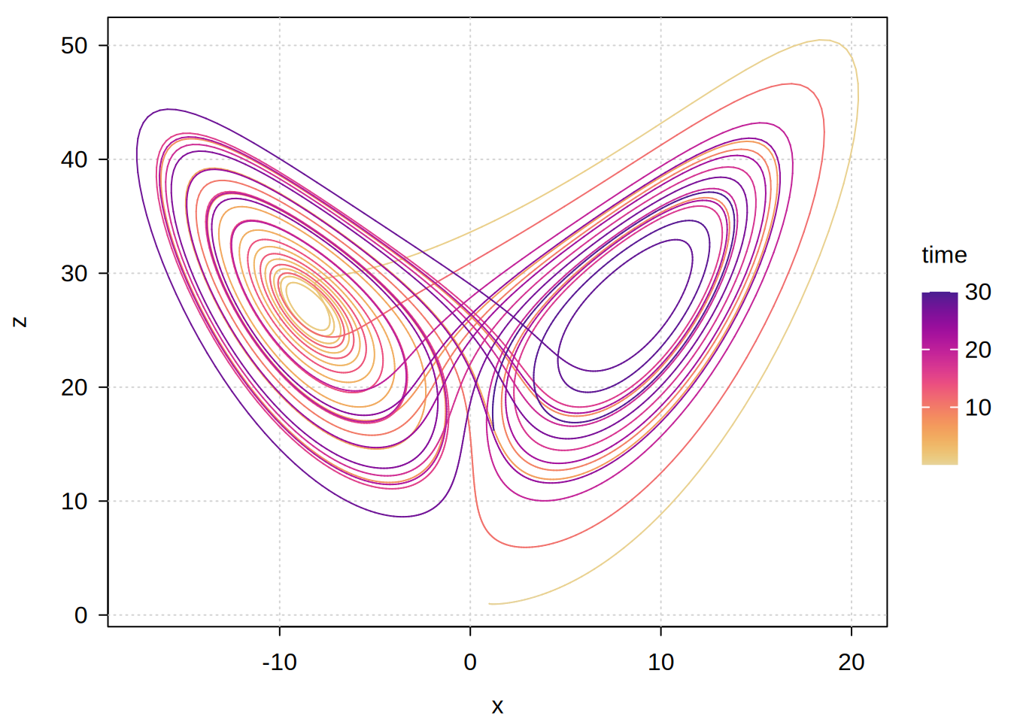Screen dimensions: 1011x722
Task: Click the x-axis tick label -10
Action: [x=279, y=663]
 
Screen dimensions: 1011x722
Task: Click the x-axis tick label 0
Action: [x=470, y=663]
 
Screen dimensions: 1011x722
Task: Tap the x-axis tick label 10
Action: [x=660, y=663]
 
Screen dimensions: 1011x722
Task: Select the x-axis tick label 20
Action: [x=852, y=663]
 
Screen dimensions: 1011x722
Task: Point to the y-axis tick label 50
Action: [x=74, y=46]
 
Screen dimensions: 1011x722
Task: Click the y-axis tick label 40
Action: [x=74, y=159]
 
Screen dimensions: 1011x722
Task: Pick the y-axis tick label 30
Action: [x=74, y=274]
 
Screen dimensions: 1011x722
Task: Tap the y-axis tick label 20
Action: [x=74, y=387]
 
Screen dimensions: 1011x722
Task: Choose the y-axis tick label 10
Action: [x=74, y=502]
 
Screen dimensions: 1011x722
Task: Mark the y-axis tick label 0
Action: [x=80, y=615]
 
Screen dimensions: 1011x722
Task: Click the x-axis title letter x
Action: [x=497, y=706]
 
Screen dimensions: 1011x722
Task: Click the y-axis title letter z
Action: [x=20, y=321]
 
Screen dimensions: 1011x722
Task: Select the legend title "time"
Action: [x=944, y=255]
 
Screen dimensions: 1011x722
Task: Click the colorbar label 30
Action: [x=978, y=292]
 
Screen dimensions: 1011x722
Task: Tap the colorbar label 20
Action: [x=978, y=350]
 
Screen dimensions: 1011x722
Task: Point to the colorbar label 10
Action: [x=978, y=408]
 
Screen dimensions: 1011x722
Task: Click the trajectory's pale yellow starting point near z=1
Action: [x=490, y=603]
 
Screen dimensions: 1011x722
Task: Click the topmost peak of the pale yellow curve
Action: [x=821, y=40]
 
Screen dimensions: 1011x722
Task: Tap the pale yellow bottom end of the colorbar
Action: [x=940, y=463]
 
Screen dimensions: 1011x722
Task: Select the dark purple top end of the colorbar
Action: [x=940, y=294]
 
